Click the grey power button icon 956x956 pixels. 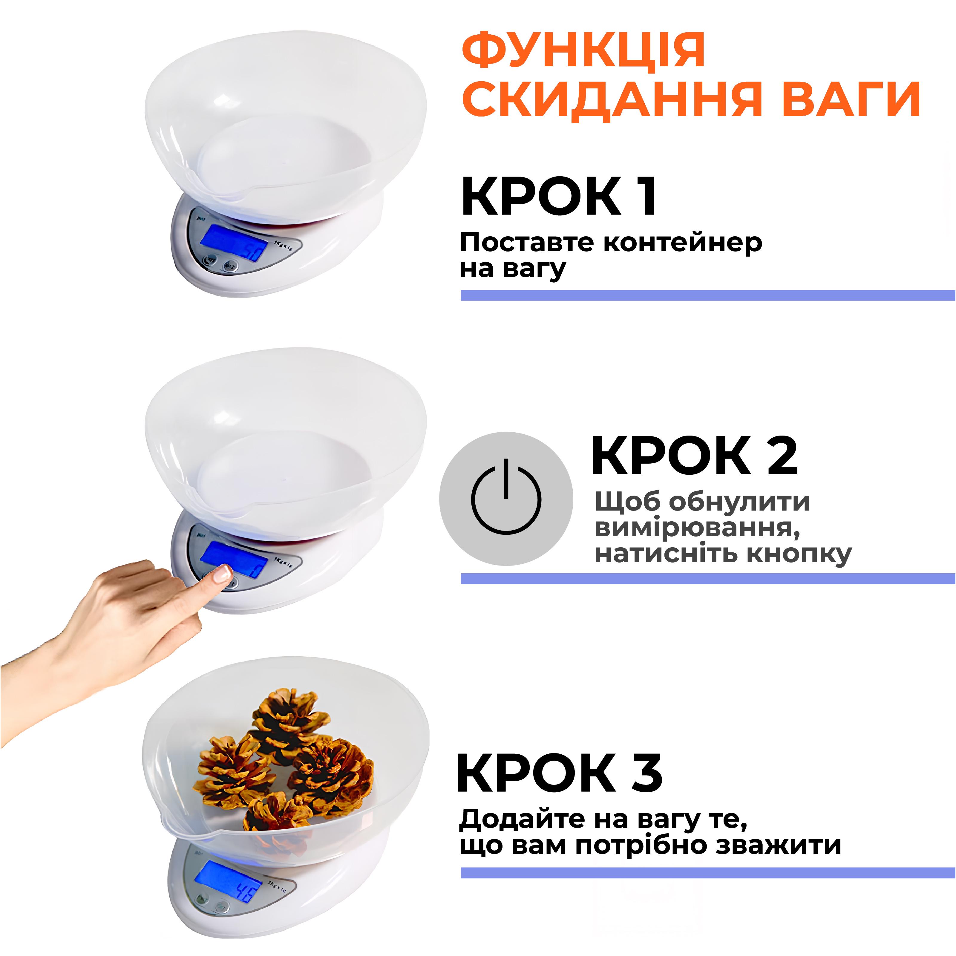(506, 499)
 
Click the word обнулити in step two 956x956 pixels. (739, 502)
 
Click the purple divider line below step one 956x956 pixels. (708, 295)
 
